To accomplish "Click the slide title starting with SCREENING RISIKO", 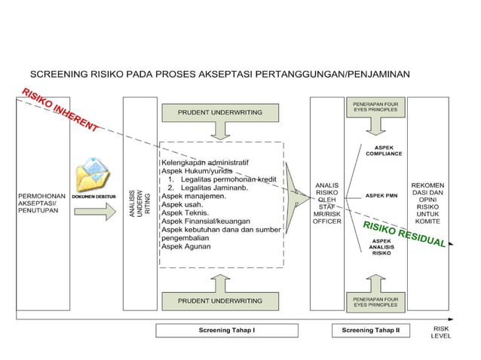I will click(x=219, y=75).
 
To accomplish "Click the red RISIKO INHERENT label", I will click(x=60, y=111).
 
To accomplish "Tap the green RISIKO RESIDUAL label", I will click(x=403, y=234).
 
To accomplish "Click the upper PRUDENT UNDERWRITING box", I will click(x=220, y=112).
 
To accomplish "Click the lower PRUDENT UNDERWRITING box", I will click(x=220, y=301).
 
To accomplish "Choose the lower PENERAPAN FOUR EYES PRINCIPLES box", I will click(x=375, y=302).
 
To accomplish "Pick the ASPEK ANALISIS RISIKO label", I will click(x=381, y=247).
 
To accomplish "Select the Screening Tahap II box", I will click(x=371, y=331).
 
